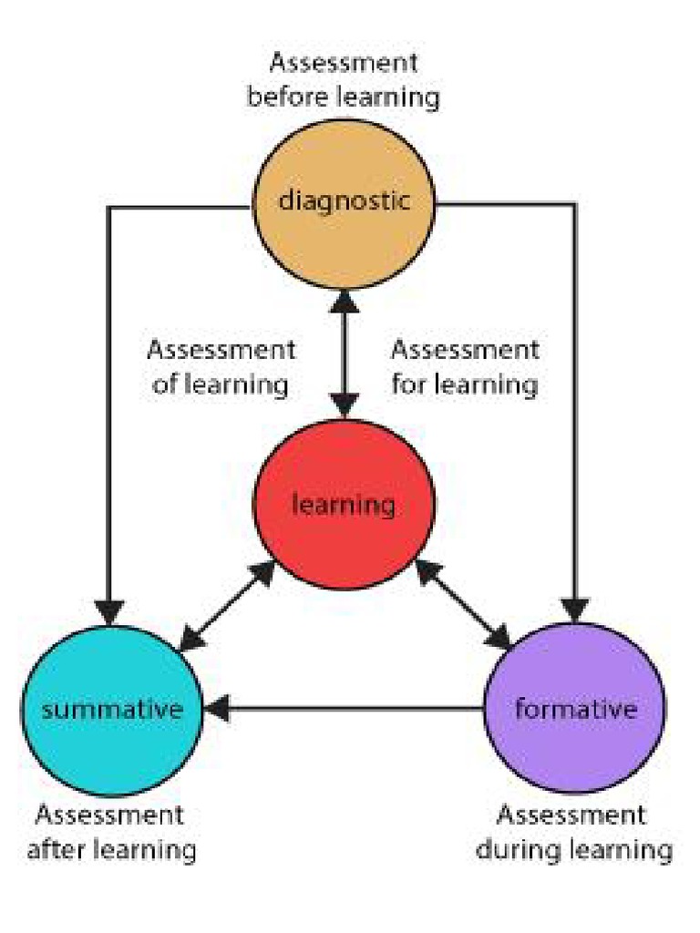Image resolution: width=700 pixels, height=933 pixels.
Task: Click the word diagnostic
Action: (344, 200)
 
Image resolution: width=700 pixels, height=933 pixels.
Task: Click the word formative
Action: (574, 708)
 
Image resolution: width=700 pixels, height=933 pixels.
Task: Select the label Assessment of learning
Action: (221, 366)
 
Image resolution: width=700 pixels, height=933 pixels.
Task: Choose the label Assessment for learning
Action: (465, 366)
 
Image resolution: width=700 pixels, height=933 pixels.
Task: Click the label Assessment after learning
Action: (111, 832)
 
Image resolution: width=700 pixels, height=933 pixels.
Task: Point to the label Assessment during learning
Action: (574, 832)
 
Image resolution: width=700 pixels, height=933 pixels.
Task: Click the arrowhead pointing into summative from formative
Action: (221, 708)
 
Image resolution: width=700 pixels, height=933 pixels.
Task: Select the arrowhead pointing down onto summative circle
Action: (110, 609)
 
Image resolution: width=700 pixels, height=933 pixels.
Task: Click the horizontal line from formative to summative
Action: (355, 708)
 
